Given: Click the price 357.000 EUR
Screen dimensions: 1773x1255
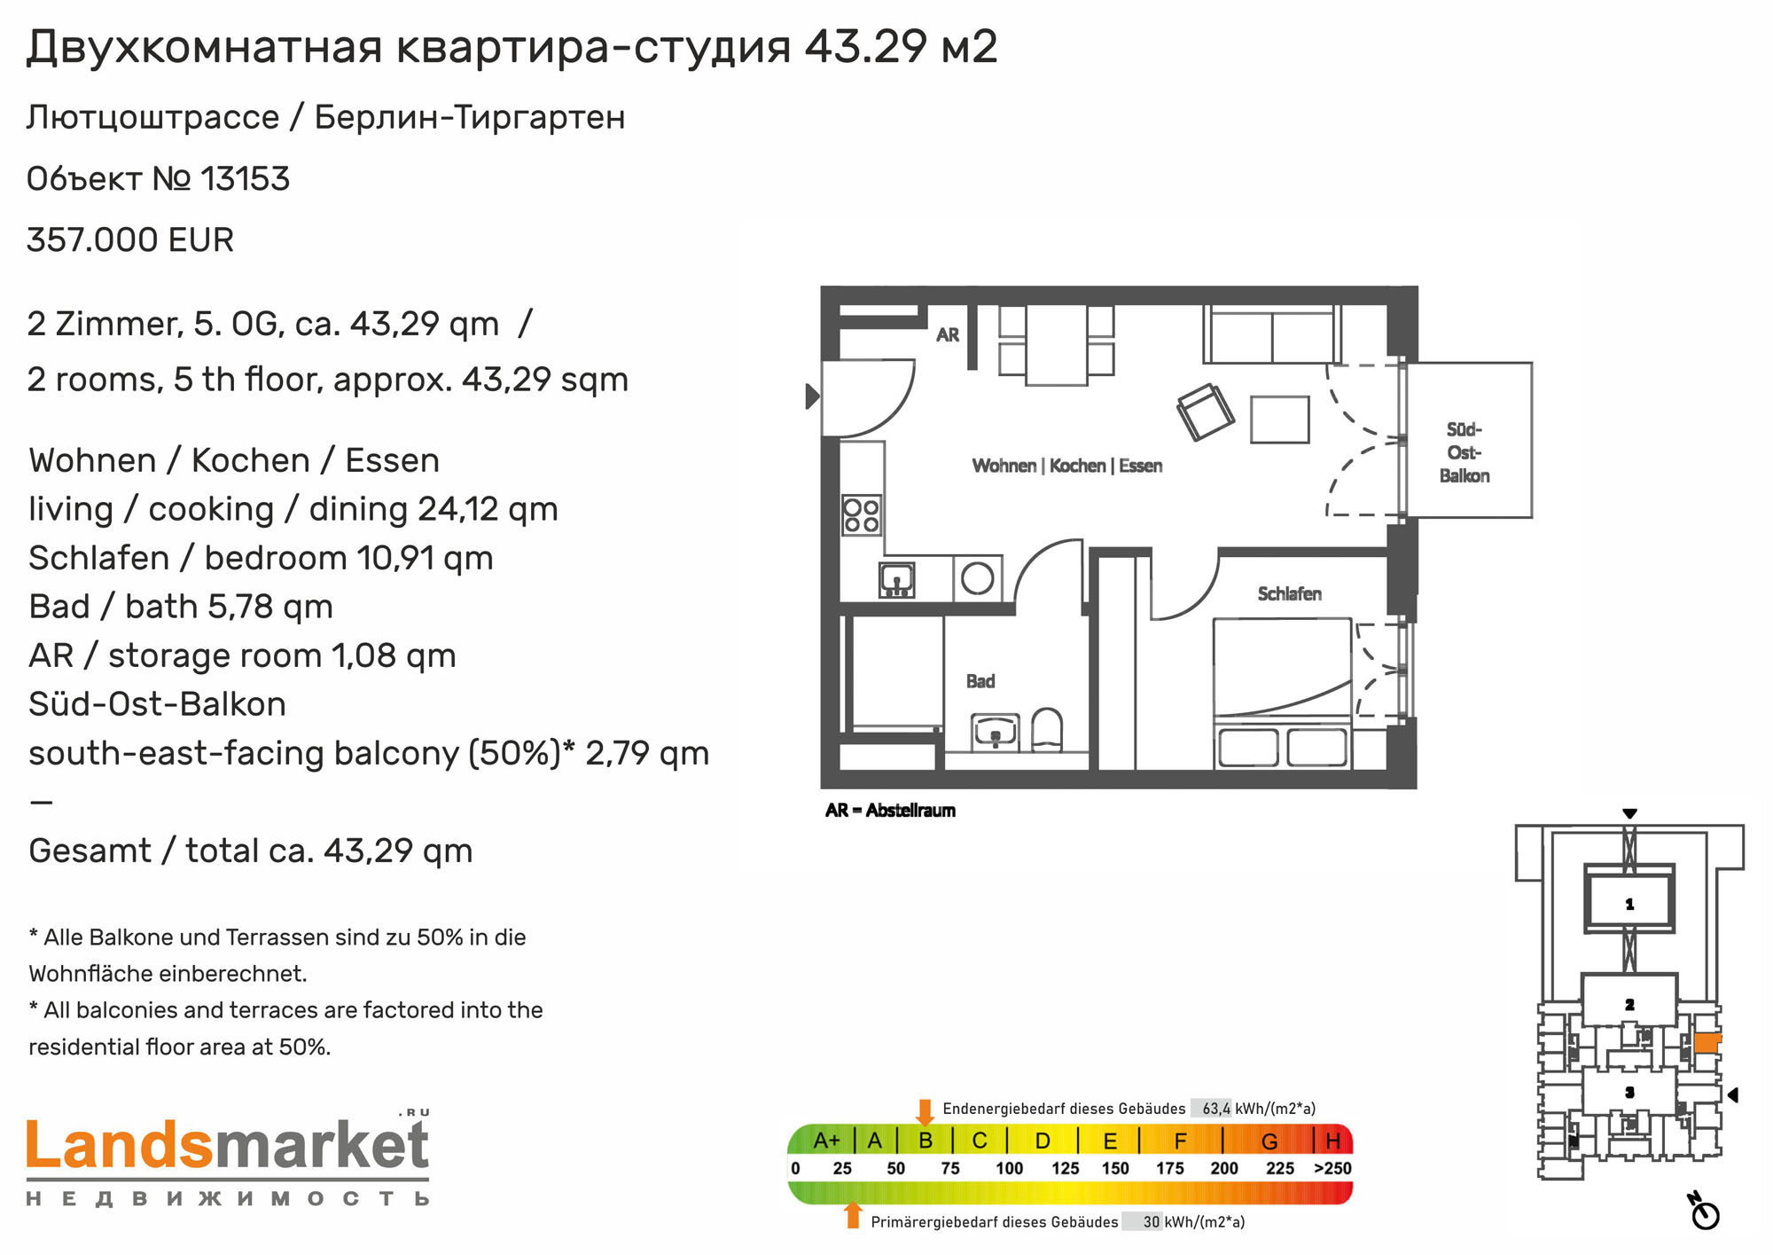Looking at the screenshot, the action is coord(130,240).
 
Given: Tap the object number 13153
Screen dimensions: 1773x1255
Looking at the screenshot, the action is coord(246,179).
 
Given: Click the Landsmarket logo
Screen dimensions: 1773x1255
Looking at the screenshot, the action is coord(228,1158).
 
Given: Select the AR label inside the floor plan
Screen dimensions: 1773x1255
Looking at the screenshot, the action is coord(948,335).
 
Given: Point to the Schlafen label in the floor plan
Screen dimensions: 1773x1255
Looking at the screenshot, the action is coord(1289,594).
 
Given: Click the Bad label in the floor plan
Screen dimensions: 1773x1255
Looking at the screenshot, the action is coord(980,681).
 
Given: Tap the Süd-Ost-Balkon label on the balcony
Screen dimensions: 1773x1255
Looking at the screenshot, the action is coord(1464,452).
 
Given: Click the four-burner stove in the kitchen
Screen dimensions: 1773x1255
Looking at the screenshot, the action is coord(862,515).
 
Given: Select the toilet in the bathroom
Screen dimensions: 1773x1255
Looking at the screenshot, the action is coord(1047,729).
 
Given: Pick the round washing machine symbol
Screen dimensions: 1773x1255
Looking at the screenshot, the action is coord(978,578).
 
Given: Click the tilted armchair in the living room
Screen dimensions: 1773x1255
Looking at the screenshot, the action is coord(1205,412).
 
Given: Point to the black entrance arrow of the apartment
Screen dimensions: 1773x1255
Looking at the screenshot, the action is coord(812,396).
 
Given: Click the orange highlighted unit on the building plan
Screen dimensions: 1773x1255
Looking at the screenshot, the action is coord(1707,1042).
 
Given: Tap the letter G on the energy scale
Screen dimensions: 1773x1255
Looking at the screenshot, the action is coord(1269,1141).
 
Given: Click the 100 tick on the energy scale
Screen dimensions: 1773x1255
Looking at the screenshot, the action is coord(1009,1169).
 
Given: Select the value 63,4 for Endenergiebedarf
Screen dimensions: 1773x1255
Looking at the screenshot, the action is coord(1215,1109).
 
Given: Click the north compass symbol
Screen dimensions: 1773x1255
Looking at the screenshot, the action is coord(1705,1212).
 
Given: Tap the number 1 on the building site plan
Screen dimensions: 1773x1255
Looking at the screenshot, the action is coord(1629,905).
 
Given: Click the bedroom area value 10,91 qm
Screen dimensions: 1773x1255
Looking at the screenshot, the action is coord(425,559).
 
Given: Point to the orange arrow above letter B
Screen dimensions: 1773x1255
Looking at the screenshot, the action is coord(925,1112).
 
